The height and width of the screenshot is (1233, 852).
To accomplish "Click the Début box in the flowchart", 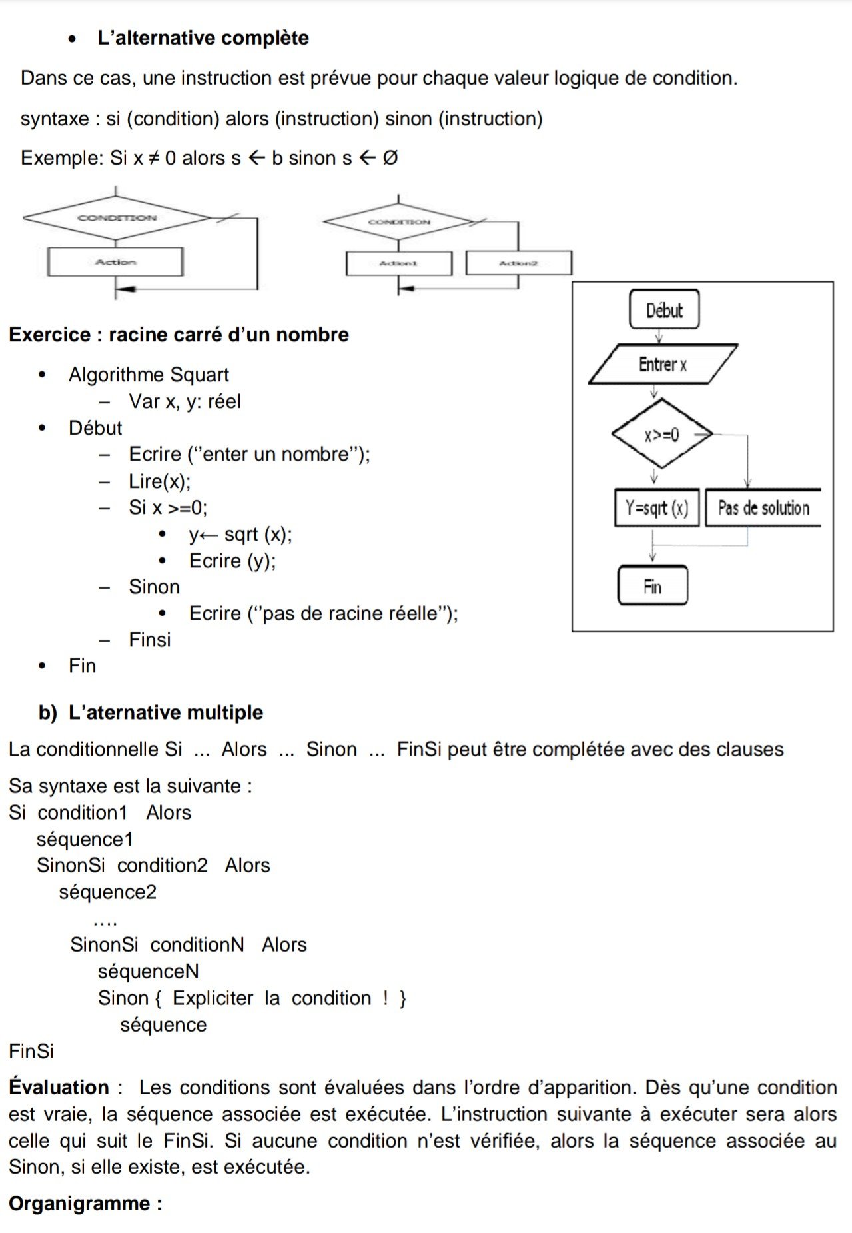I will coord(664,310).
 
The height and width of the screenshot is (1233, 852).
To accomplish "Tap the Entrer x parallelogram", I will coord(663,364).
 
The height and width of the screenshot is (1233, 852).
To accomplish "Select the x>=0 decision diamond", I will coord(661,435).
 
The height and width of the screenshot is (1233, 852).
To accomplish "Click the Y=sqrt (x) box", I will coord(657,508).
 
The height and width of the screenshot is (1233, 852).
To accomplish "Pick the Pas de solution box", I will coord(763,508).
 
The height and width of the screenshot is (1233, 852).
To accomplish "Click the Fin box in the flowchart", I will coord(653,586).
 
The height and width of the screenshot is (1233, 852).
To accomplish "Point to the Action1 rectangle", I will coord(398,263).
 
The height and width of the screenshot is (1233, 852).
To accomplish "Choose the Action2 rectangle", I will coord(518,263).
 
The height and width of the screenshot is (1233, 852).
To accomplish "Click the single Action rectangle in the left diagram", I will coord(115,262).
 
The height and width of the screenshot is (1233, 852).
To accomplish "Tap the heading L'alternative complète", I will coord(203,38).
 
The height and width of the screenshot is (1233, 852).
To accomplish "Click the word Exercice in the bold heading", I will coord(49,335).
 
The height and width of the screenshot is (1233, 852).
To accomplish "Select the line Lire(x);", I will coord(159,481).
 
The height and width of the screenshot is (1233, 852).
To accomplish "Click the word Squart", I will coord(199,375).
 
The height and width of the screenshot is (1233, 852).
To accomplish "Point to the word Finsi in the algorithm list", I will coord(149,640).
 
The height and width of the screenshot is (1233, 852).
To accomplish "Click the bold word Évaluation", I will coord(59,1087).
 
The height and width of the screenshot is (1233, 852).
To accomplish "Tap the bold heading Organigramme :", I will coord(85,1203).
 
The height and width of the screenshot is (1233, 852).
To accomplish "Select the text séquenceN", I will coord(148,971).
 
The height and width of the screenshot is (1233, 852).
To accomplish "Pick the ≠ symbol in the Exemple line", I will coord(154,159).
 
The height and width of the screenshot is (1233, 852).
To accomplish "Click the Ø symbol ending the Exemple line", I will coord(390,159).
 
